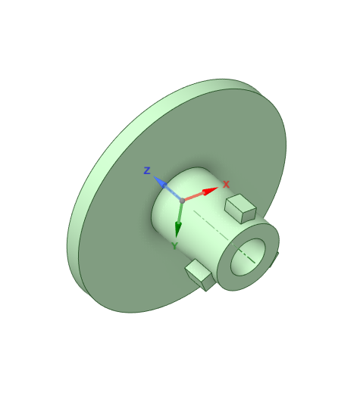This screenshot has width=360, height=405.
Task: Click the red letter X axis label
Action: (226, 185)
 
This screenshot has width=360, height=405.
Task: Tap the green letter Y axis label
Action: (175, 245)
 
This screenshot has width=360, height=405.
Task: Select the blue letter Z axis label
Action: (147, 170)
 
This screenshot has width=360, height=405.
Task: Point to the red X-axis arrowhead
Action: (210, 191)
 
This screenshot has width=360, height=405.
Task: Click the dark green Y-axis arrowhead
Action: (177, 229)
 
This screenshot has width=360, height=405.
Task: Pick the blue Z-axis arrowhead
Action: (160, 182)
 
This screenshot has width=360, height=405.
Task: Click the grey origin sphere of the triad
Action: (182, 201)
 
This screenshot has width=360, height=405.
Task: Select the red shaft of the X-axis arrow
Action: (194, 197)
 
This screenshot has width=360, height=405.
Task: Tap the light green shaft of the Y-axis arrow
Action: (180, 213)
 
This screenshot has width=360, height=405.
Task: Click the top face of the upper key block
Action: (240, 203)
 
